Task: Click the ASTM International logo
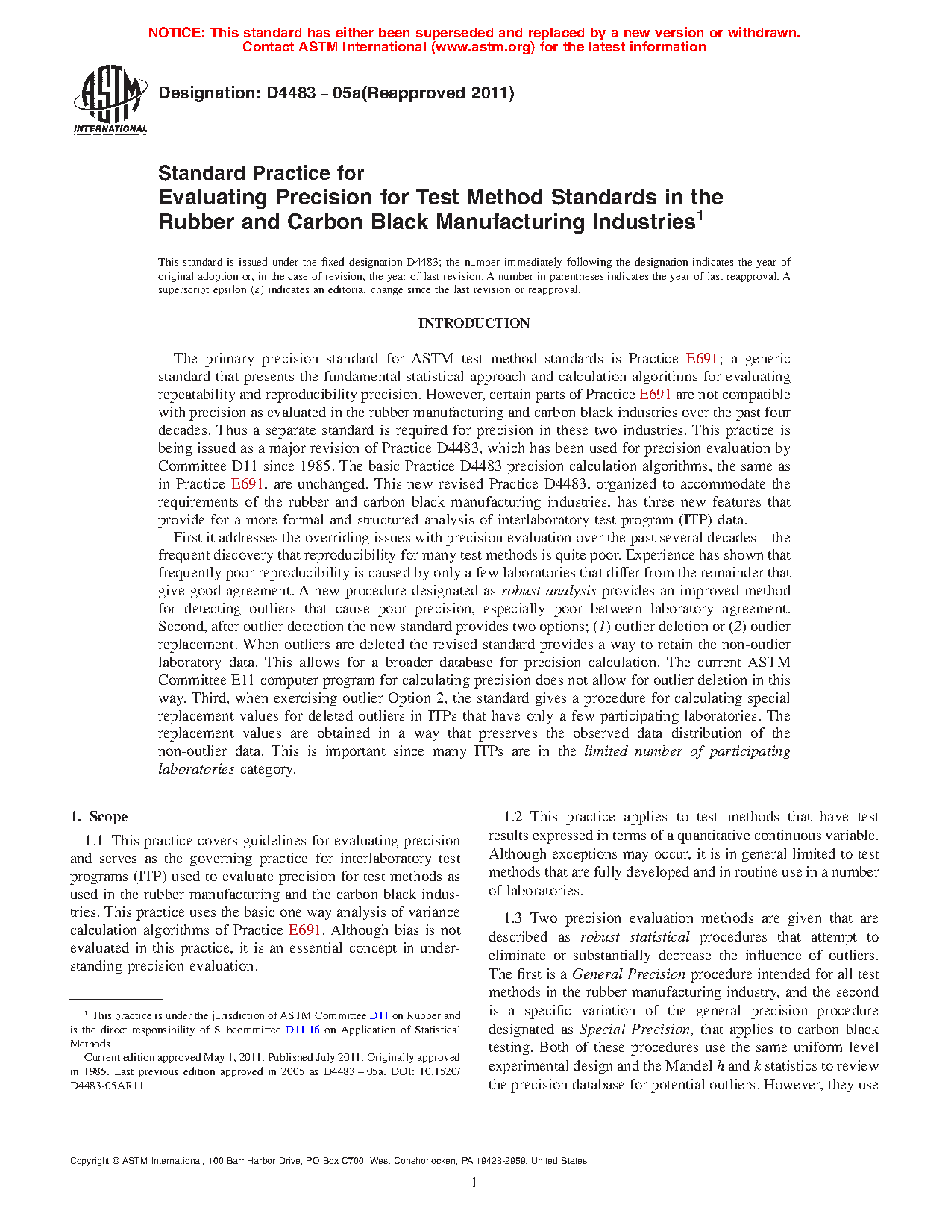point(110,99)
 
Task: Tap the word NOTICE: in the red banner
point(177,33)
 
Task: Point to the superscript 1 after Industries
point(700,216)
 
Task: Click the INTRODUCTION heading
point(474,323)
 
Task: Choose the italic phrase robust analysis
point(548,591)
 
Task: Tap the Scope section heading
point(108,817)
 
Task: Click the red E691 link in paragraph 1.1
point(304,930)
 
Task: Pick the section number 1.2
point(513,817)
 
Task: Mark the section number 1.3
point(513,918)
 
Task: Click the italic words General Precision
point(628,974)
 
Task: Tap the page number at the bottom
point(474,1183)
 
